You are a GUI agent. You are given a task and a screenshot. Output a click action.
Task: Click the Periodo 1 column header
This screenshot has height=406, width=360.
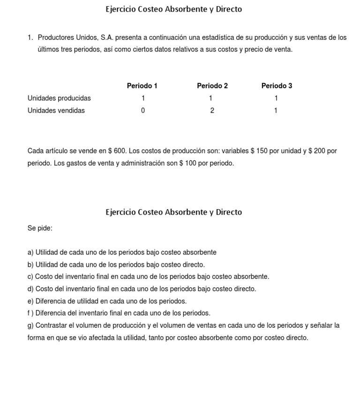click(x=142, y=86)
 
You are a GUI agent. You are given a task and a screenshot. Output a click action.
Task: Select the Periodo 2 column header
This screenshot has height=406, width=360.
click(x=212, y=86)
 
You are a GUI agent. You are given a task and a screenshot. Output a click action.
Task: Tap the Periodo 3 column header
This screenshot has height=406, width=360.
click(x=277, y=86)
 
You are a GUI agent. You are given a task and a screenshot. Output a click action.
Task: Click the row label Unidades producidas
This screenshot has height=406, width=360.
click(x=59, y=98)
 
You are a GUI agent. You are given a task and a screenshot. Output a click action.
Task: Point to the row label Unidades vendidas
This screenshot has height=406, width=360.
click(x=56, y=111)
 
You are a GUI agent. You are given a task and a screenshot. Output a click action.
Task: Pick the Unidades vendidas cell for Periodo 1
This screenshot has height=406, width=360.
click(x=143, y=111)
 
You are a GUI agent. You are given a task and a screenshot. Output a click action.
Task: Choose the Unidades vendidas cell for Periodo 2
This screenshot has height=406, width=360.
click(x=212, y=111)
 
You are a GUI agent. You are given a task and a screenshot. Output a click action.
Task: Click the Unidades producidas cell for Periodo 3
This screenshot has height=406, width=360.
click(x=276, y=98)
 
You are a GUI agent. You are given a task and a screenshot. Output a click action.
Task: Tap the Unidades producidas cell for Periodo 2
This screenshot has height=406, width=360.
click(x=211, y=98)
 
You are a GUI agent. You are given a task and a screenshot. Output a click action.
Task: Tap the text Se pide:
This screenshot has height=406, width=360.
click(x=40, y=228)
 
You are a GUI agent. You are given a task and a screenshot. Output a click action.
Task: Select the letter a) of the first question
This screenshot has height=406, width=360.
click(x=30, y=253)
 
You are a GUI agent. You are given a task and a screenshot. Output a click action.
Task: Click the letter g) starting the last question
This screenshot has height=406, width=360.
click(x=30, y=325)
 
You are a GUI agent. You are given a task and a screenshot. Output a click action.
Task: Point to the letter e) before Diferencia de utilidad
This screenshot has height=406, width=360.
click(x=30, y=301)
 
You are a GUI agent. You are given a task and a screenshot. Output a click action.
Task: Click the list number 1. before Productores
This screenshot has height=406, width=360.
click(x=30, y=38)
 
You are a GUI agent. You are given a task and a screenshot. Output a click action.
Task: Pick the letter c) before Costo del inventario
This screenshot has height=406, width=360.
click(x=30, y=277)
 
